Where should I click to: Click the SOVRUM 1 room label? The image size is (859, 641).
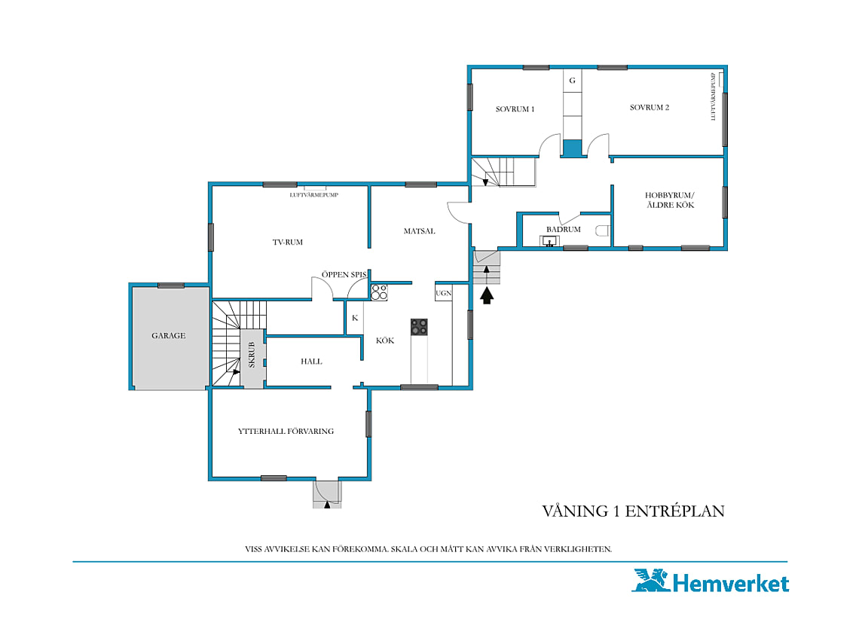click(515, 109)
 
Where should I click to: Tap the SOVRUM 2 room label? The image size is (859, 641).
click(650, 108)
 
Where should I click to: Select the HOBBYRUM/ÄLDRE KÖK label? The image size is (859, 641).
click(670, 200)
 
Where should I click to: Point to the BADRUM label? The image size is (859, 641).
click(563, 229)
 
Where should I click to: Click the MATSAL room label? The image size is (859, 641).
click(419, 231)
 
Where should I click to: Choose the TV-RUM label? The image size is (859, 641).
click(288, 242)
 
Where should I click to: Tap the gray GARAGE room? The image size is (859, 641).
click(170, 337)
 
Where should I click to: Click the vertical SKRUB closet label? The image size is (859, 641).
click(252, 355)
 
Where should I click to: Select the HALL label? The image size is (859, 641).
click(311, 362)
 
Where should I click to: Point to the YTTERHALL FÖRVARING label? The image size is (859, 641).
click(286, 431)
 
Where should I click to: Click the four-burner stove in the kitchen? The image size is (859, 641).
click(419, 327)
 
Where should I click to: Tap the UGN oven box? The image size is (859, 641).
click(443, 292)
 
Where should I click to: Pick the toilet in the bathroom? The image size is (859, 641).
click(603, 230)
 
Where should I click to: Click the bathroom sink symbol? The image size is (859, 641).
click(549, 241)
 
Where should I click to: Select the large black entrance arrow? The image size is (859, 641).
click(487, 296)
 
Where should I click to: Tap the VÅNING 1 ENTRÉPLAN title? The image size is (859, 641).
click(633, 511)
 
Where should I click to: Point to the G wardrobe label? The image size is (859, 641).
click(572, 81)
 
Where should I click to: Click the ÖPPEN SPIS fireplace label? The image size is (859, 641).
click(344, 274)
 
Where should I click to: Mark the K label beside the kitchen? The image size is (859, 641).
click(355, 318)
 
